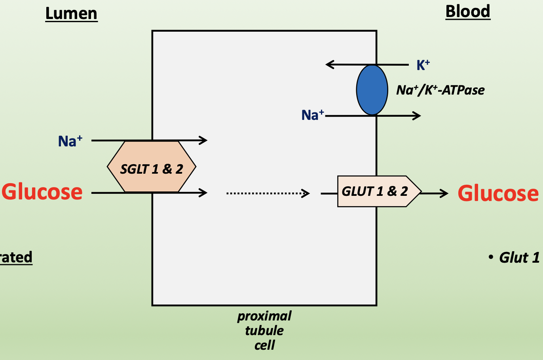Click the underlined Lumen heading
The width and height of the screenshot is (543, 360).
click(x=71, y=14)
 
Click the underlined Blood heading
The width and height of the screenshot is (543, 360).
click(x=468, y=11)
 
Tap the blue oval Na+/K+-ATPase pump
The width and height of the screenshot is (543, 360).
click(x=372, y=90)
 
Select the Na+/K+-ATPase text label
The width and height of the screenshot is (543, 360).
click(x=440, y=90)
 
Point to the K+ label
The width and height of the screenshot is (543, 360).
click(x=423, y=65)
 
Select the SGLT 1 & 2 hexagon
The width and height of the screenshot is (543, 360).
click(x=152, y=167)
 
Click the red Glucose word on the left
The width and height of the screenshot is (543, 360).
click(x=42, y=192)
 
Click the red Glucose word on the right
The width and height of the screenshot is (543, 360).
click(x=498, y=193)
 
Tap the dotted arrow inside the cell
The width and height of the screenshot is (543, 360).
click(x=268, y=193)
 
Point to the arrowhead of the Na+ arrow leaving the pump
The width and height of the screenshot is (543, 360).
click(x=417, y=116)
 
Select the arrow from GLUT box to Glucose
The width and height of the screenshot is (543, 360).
click(x=435, y=193)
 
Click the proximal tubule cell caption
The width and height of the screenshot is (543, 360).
click(x=264, y=330)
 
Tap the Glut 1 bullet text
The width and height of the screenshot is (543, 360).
click(x=519, y=258)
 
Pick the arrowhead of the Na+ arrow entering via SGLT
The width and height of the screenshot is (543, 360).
click(x=203, y=140)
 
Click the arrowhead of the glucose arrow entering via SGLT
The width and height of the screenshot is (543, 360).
click(x=203, y=193)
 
